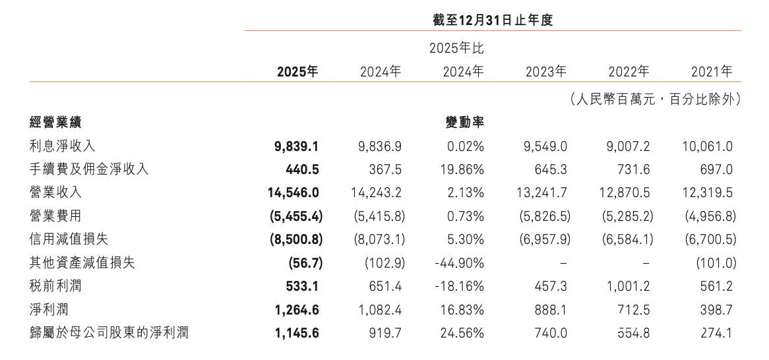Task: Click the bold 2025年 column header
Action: [297, 72]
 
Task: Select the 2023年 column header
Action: [546, 72]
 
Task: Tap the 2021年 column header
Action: [712, 72]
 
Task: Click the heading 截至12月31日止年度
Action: [493, 20]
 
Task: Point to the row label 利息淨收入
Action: [62, 146]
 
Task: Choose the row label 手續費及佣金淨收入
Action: [89, 169]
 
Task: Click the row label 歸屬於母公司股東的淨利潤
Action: [109, 333]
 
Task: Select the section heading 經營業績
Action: [56, 123]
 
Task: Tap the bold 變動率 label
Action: [464, 123]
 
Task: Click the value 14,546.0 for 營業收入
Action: [293, 193]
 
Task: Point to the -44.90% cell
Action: [459, 263]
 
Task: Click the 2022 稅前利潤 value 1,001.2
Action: [628, 286]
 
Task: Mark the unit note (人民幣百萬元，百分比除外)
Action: [655, 100]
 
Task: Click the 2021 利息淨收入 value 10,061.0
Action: [707, 146]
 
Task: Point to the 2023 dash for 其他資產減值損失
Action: [563, 263]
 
